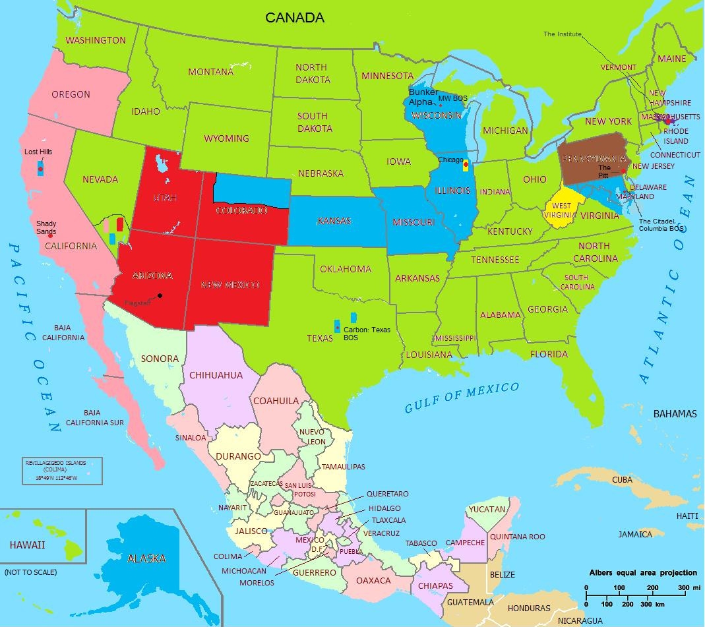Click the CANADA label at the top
coord(295,18)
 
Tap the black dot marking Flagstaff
coord(160,295)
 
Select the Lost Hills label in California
coord(38,152)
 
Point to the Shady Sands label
coord(46,227)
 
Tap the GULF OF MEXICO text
coord(462,398)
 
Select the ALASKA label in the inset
coord(146,558)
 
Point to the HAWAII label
coord(27,545)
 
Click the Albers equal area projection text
coord(643,572)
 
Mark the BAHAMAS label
coord(675,414)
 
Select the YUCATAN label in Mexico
coord(488,510)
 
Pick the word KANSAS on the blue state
coord(334,221)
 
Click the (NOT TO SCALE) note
coord(30,572)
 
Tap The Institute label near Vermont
coord(563,34)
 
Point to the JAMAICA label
coord(635,534)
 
